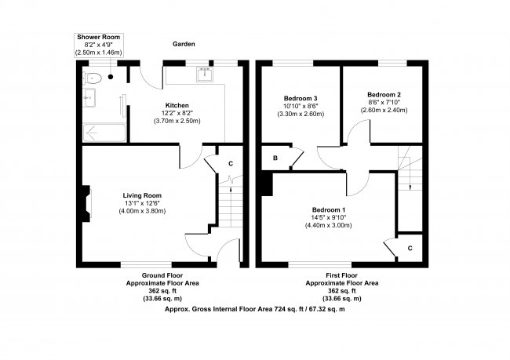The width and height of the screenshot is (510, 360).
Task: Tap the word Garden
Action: coord(184,45)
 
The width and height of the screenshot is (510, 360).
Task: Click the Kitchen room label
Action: coord(177,106)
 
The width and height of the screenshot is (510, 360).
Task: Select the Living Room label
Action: coord(141,195)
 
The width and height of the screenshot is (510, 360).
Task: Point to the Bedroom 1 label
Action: coord(328,209)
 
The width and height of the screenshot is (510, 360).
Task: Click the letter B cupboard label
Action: coord(275,158)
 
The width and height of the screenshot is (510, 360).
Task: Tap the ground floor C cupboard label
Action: coord(230,163)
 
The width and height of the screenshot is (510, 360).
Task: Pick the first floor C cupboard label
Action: coord(410,247)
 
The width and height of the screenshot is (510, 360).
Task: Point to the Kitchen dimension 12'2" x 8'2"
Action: coord(177,114)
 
